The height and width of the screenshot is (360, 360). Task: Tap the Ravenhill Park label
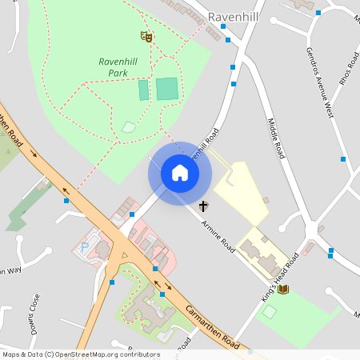tap(118, 67)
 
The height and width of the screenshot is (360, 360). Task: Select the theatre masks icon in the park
tap(146, 35)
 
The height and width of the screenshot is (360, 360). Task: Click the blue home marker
tap(179, 173)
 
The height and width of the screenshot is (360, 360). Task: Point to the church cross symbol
tap(204, 206)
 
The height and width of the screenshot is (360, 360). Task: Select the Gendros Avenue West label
tap(318, 82)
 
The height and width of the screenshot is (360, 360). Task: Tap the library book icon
tap(282, 289)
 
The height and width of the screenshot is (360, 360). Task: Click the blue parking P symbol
tap(85, 247)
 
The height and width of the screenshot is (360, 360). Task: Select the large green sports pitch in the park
tap(167, 89)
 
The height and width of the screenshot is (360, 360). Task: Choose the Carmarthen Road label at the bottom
tap(212, 328)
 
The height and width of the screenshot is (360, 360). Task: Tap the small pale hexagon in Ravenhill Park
tap(129, 126)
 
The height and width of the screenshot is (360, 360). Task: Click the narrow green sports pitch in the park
tap(144, 90)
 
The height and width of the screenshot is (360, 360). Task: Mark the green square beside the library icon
tap(270, 311)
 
